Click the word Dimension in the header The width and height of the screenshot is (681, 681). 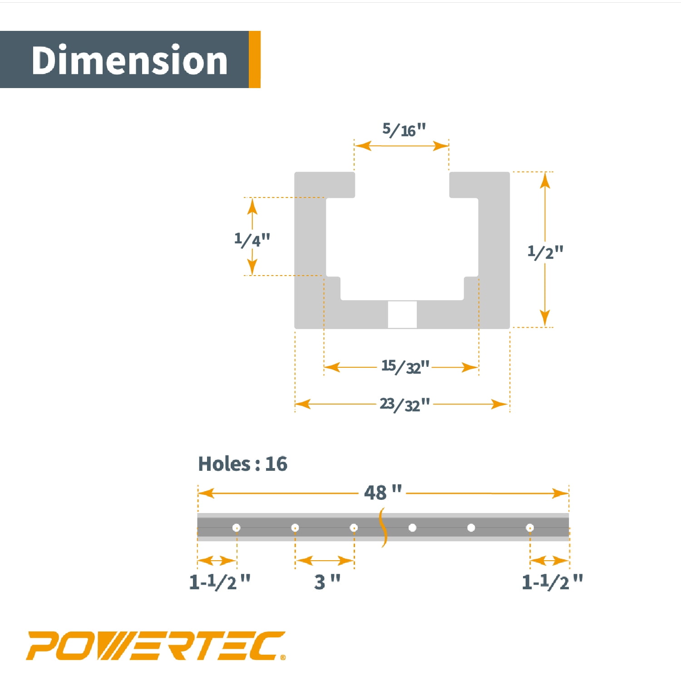click(x=129, y=60)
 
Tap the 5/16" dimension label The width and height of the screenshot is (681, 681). click(x=404, y=130)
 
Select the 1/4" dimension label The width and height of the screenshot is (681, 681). click(x=252, y=239)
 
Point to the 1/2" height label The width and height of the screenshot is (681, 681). click(x=545, y=252)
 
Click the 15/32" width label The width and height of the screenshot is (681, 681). click(x=405, y=366)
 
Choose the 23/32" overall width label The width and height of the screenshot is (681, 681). click(x=405, y=404)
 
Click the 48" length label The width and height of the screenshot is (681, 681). click(x=383, y=493)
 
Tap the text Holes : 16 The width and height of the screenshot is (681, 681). click(x=242, y=464)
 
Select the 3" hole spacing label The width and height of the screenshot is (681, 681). click(x=327, y=582)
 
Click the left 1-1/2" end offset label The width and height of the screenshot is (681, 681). click(x=220, y=582)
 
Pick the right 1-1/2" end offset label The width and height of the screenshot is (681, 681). click(x=552, y=582)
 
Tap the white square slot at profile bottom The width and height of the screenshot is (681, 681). click(x=402, y=314)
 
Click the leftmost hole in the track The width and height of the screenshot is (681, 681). click(x=236, y=528)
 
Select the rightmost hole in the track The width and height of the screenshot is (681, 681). click(x=530, y=528)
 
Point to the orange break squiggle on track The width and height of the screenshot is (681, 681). click(x=384, y=528)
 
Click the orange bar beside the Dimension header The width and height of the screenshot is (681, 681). click(x=255, y=59)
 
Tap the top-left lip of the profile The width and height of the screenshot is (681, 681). click(x=325, y=185)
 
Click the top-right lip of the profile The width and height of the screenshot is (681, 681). click(x=479, y=185)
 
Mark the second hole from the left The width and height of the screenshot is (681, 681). click(x=295, y=528)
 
